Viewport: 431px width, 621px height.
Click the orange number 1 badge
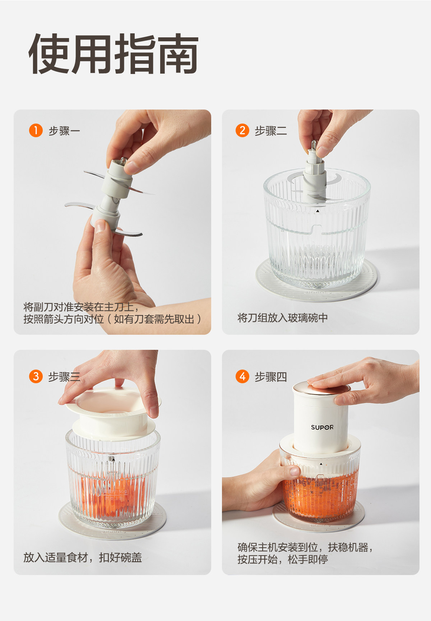(x=36, y=130)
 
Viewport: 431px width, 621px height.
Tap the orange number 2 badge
(x=242, y=130)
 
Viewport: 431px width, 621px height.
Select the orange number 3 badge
(x=36, y=376)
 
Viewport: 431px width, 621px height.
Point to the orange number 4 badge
(x=242, y=376)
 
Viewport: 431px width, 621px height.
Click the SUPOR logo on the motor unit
(x=322, y=427)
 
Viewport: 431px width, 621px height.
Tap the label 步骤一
(x=64, y=131)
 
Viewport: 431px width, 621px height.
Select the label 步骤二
(x=271, y=131)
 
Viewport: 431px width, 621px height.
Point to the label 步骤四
(x=271, y=377)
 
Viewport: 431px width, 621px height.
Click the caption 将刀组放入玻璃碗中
(x=283, y=318)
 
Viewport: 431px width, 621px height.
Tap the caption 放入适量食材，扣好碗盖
(x=83, y=557)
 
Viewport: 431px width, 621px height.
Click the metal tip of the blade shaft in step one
(x=123, y=161)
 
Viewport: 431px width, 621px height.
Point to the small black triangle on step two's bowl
(x=318, y=211)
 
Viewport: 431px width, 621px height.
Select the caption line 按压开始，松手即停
(x=283, y=560)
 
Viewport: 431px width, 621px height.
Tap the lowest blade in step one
(x=128, y=232)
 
